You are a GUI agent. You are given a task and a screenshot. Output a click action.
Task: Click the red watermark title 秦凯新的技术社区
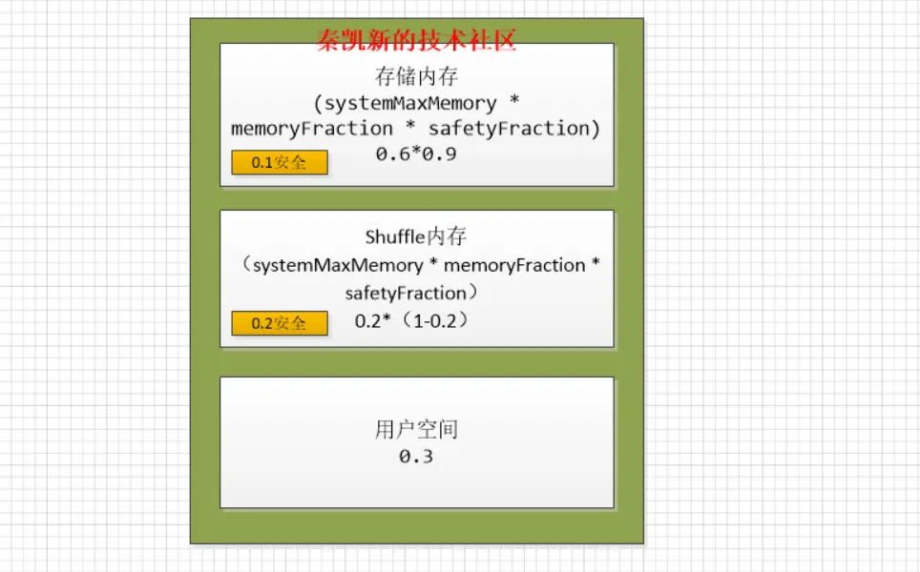(417, 40)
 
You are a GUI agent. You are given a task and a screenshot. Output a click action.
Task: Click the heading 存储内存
(416, 76)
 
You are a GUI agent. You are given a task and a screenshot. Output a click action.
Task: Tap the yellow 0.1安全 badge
(280, 162)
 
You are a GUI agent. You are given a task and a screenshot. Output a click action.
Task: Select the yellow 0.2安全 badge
(280, 323)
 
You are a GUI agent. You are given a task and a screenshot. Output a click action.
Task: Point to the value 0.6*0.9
(416, 154)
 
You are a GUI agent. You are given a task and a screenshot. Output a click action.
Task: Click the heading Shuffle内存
(415, 236)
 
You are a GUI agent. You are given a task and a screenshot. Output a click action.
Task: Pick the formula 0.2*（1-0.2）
(412, 320)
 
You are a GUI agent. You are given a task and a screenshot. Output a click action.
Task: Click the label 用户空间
(416, 430)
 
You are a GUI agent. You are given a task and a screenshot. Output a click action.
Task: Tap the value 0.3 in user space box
(416, 456)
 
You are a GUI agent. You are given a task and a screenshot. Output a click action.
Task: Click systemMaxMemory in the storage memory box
(410, 104)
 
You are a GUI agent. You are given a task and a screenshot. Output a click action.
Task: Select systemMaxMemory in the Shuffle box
(338, 265)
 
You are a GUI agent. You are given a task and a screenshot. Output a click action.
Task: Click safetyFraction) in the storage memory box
(514, 129)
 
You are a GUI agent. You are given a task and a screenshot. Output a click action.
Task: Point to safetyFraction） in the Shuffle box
(412, 293)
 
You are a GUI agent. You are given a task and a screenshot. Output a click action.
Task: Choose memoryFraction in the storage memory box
(311, 129)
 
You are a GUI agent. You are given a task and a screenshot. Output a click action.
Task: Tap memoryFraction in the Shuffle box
(514, 265)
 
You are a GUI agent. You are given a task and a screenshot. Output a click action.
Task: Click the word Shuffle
(395, 236)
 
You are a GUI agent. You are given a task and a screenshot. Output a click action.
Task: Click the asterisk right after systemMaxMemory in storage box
(514, 100)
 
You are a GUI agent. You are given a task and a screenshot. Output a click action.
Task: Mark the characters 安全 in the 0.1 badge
(290, 162)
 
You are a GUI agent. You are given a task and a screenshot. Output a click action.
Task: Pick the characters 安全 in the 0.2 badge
(290, 323)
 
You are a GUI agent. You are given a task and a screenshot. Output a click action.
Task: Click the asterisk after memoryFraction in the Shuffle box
(596, 262)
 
